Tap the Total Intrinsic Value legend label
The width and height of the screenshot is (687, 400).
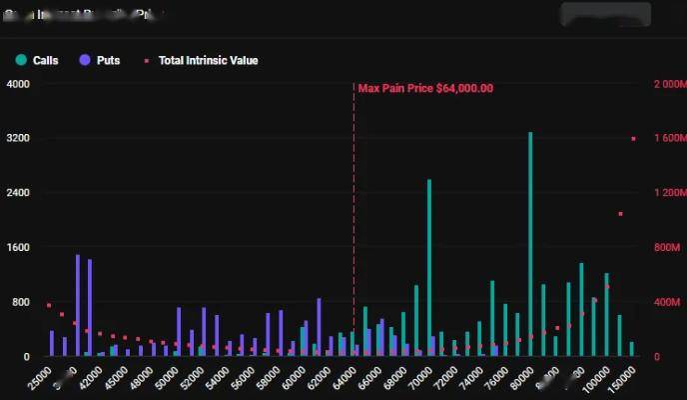point(207,60)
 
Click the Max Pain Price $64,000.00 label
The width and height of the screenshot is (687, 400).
point(425,88)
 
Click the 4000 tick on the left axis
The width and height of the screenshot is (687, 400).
point(18,84)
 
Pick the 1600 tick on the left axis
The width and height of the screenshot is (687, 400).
point(18,247)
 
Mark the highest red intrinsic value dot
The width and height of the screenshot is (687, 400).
point(633,139)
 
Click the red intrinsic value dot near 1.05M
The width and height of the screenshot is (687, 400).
point(620,214)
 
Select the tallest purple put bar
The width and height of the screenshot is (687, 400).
point(77,305)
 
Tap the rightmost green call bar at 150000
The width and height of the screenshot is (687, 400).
point(632,349)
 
